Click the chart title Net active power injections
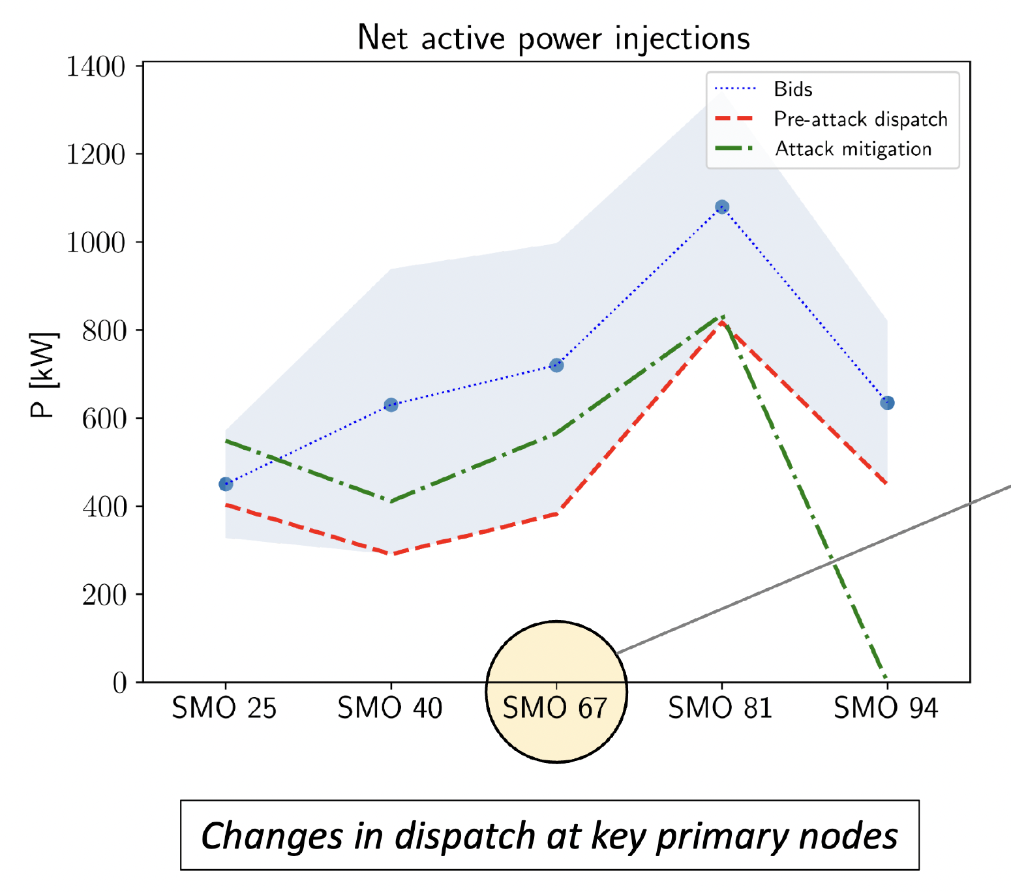tap(554, 38)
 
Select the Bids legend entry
tap(792, 89)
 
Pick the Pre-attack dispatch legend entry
tap(860, 119)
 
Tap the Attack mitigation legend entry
tap(853, 149)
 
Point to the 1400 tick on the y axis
tap(96, 67)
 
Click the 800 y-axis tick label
tap(103, 331)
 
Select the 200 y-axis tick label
tap(104, 595)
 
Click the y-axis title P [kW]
tap(44, 375)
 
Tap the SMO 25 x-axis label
tap(224, 708)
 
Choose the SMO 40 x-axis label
tap(390, 708)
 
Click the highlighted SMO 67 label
tap(556, 708)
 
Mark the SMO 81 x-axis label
tap(721, 708)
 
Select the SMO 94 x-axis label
tap(886, 708)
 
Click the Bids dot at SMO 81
tap(722, 207)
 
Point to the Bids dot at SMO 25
tap(226, 484)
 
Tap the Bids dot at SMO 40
tap(391, 405)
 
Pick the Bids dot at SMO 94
tap(887, 403)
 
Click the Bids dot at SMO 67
tap(556, 365)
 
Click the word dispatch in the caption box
tap(465, 836)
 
